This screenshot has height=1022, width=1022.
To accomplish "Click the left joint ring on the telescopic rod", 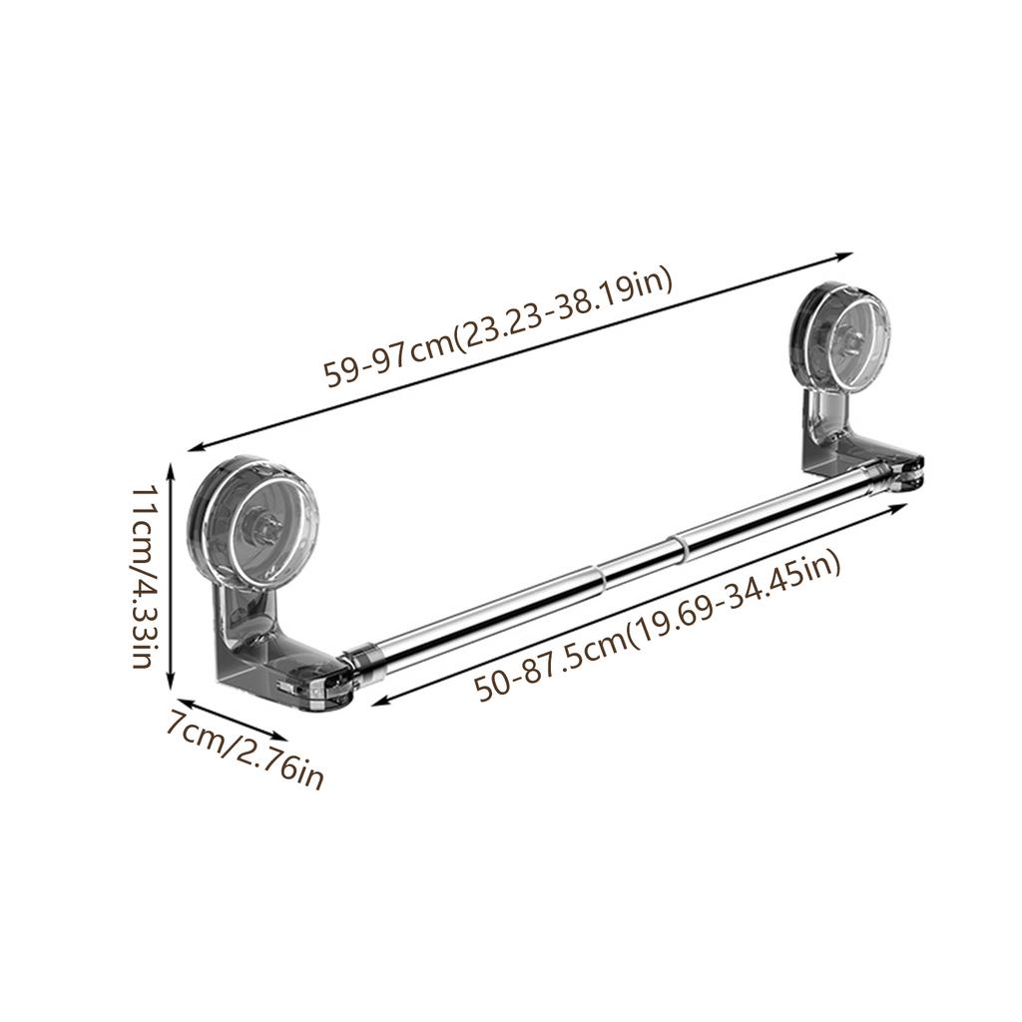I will [598, 576].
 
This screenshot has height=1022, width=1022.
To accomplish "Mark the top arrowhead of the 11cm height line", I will [173, 466].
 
